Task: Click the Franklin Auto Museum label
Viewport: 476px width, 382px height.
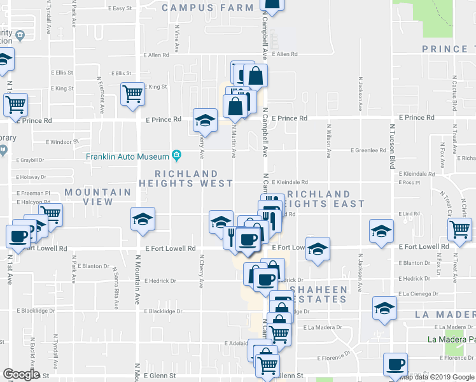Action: pyautogui.click(x=127, y=156)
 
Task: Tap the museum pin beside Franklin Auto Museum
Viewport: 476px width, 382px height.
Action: pyautogui.click(x=176, y=156)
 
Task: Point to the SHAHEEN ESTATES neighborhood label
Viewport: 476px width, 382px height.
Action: pyautogui.click(x=319, y=295)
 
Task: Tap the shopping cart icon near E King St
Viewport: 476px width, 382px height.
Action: pyautogui.click(x=133, y=94)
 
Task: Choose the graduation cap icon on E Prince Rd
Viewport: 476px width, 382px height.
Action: pyautogui.click(x=205, y=119)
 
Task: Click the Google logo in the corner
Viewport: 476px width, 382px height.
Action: pyautogui.click(x=21, y=374)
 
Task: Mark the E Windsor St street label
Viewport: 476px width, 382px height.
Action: pyautogui.click(x=61, y=141)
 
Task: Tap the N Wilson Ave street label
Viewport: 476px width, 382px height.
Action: pyautogui.click(x=329, y=141)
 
